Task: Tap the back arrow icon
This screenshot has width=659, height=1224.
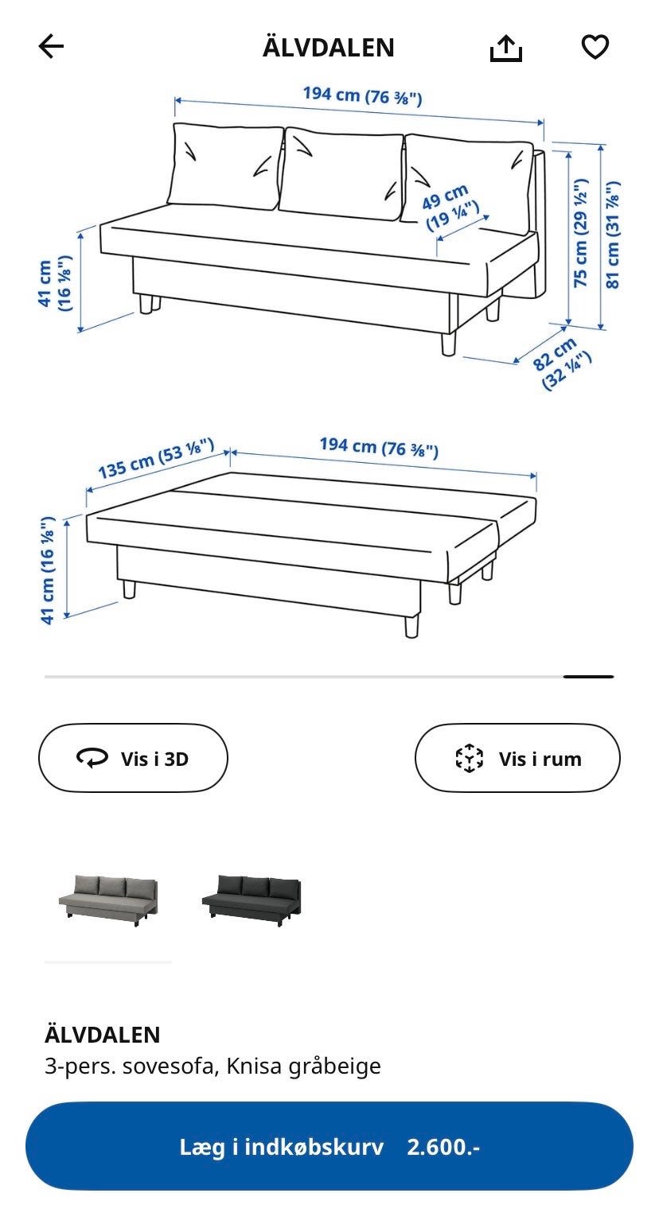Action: point(51,46)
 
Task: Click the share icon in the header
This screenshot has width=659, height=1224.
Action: point(506,48)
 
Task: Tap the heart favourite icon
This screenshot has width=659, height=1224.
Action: point(595,46)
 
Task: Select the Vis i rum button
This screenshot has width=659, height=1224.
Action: point(517,758)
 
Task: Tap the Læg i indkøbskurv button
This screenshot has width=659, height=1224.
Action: point(329,1146)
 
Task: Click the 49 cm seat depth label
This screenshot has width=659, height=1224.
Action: point(450,207)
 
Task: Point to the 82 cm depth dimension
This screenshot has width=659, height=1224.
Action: point(562,363)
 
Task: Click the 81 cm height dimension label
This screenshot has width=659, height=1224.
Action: point(613,234)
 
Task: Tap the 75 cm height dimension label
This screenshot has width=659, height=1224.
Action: point(580,233)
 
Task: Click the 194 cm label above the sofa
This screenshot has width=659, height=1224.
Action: point(363,95)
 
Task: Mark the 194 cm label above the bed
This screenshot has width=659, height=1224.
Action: point(379,447)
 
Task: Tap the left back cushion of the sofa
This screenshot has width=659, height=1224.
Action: point(225,165)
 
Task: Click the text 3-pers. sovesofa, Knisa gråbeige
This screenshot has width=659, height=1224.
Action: point(213,1065)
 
